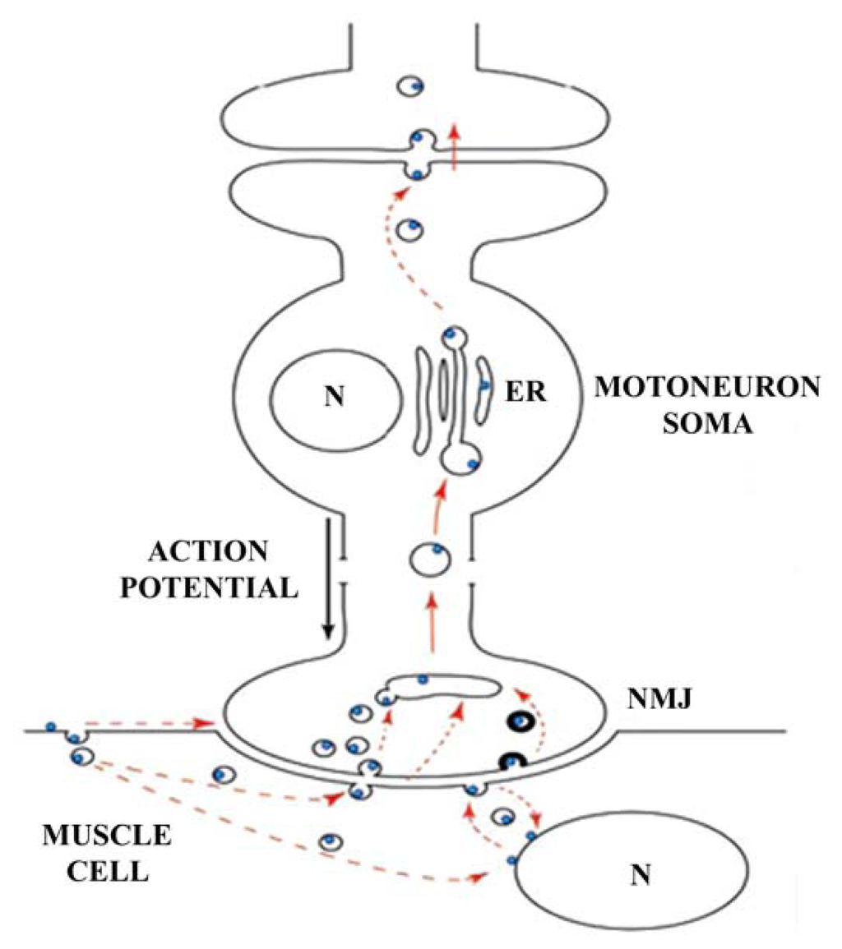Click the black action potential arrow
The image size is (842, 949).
click(328, 575)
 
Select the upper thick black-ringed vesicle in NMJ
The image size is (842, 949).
click(522, 722)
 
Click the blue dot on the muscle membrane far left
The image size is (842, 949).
click(51, 727)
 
